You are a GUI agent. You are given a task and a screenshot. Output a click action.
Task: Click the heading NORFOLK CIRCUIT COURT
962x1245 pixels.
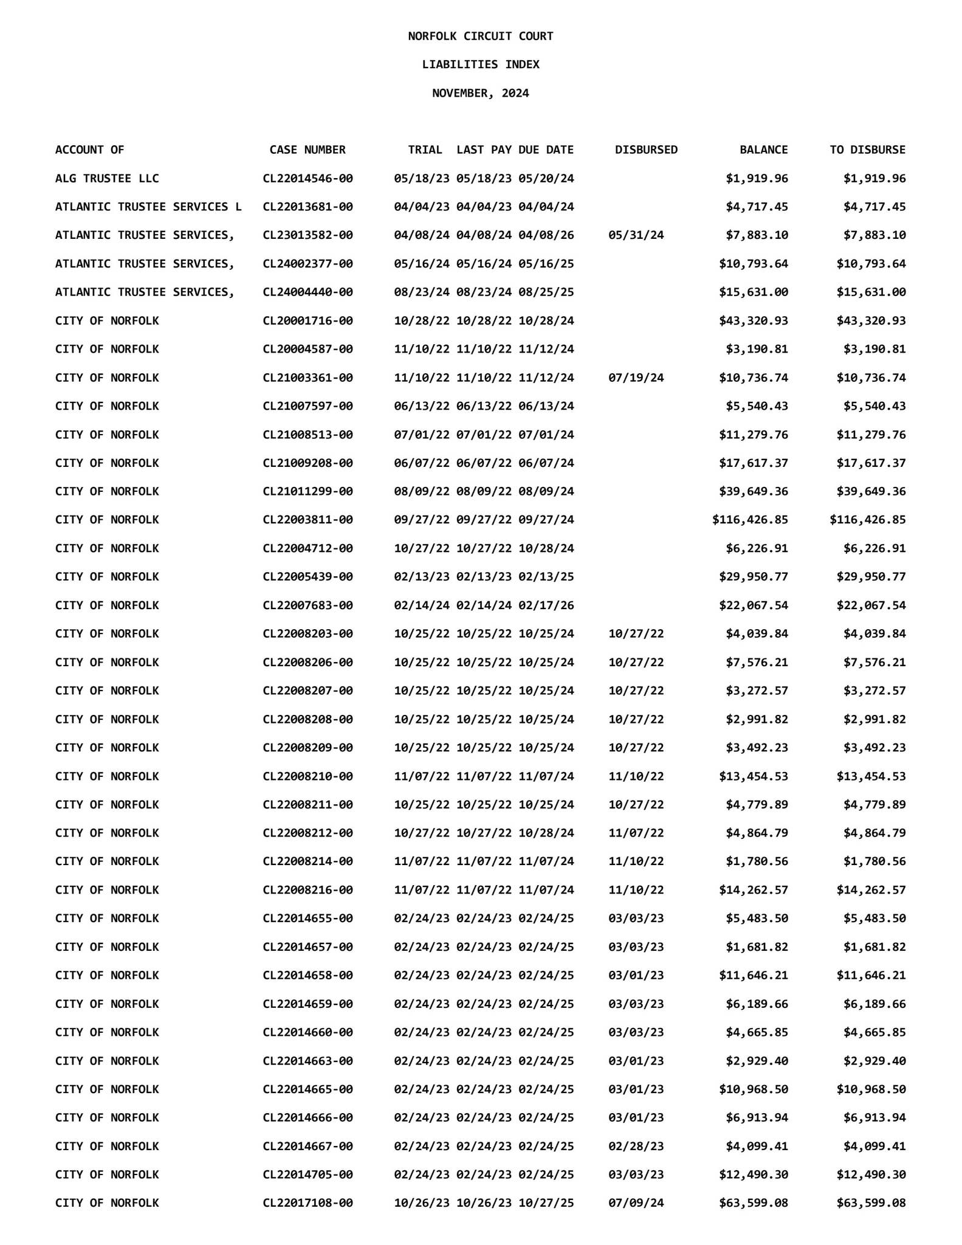(480, 36)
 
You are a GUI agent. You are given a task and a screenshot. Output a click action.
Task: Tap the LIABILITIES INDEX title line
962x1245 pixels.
(480, 64)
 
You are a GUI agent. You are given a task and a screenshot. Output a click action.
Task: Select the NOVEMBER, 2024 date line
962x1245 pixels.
(480, 93)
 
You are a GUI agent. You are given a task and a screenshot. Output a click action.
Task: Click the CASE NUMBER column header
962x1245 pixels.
(307, 150)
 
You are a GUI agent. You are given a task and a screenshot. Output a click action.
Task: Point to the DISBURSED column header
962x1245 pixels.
(646, 150)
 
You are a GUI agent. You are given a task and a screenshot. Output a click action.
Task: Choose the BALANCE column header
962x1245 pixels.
(763, 150)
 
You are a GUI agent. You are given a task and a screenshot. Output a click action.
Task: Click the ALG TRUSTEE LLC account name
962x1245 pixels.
(107, 178)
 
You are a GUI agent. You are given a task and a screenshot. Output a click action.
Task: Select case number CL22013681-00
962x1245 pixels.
(307, 207)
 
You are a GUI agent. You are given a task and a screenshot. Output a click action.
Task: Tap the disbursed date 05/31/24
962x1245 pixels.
(636, 235)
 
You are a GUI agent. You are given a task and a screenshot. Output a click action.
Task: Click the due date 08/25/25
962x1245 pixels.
(546, 292)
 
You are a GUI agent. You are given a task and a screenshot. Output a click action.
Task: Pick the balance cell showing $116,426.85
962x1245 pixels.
(750, 520)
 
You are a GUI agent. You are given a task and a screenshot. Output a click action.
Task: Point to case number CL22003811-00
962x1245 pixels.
(307, 520)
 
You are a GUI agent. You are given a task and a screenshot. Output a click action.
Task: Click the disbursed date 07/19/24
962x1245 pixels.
(636, 378)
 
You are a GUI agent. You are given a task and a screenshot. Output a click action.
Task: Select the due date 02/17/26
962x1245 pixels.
(546, 605)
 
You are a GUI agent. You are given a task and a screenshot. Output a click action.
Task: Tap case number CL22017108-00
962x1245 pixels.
(307, 1203)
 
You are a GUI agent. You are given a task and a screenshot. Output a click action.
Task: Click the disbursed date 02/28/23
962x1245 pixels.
(636, 1146)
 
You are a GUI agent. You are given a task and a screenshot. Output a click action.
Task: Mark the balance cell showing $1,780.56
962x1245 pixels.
(757, 861)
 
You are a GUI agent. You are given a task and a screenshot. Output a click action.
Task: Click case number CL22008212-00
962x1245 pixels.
(307, 833)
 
